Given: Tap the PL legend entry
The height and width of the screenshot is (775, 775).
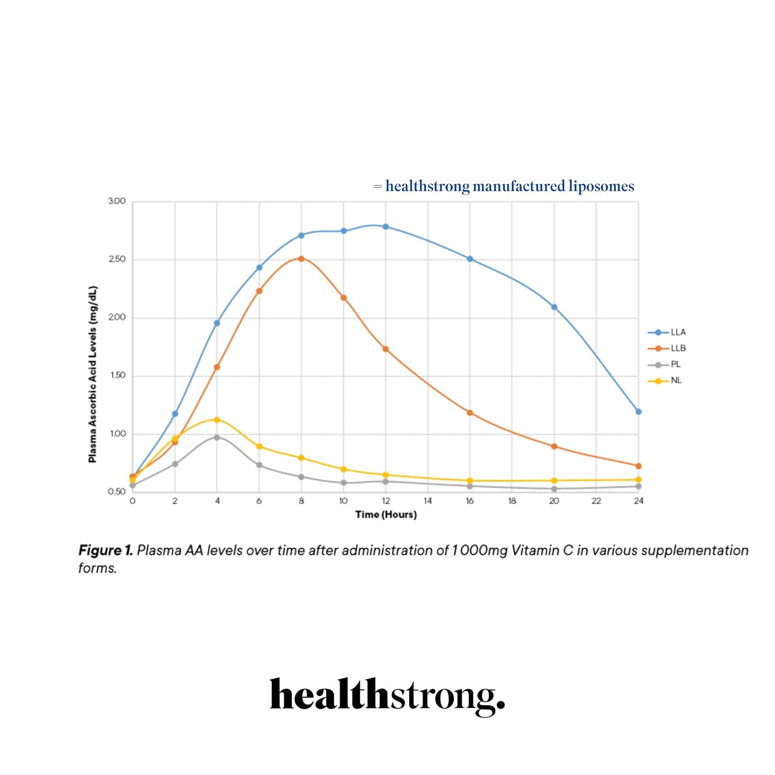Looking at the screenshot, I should [665, 365].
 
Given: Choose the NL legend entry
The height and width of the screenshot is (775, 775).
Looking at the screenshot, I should [665, 381].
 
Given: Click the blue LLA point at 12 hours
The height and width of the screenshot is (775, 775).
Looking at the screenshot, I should [386, 227].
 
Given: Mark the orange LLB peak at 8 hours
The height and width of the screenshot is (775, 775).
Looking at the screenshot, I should [301, 259].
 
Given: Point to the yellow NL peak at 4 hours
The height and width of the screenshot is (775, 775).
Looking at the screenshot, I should [217, 420].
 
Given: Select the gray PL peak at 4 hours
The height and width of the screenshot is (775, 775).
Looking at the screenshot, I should [217, 438].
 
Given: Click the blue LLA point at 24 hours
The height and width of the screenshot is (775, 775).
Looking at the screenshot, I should [638, 412].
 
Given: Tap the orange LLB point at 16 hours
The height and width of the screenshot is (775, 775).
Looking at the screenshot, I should [470, 413].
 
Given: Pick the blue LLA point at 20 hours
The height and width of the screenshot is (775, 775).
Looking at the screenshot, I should [554, 307].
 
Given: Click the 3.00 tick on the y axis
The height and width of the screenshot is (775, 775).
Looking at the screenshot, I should [117, 201].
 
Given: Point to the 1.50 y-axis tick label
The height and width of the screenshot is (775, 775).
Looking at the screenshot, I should [117, 375].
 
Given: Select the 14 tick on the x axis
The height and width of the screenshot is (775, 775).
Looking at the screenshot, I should [427, 501].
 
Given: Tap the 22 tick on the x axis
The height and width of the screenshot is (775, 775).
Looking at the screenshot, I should [596, 501].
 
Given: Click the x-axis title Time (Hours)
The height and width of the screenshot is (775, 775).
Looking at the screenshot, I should [386, 515].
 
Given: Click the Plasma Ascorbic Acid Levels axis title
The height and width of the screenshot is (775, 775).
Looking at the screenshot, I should [93, 374].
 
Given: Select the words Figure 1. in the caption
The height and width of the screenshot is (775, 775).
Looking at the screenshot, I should [105, 551].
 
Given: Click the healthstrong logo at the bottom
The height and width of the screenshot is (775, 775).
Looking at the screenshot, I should [387, 696].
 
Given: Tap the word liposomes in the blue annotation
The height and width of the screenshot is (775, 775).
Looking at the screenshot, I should [601, 187].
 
